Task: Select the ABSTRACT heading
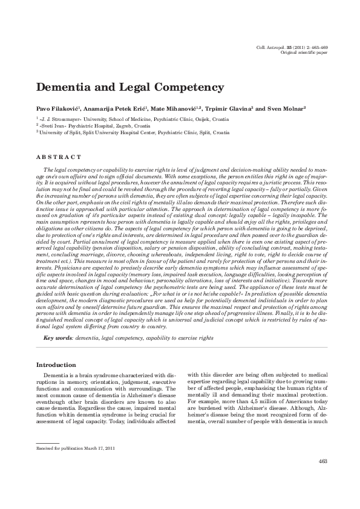(59, 157)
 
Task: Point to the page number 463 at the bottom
(322, 462)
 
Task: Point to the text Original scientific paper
(304, 53)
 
